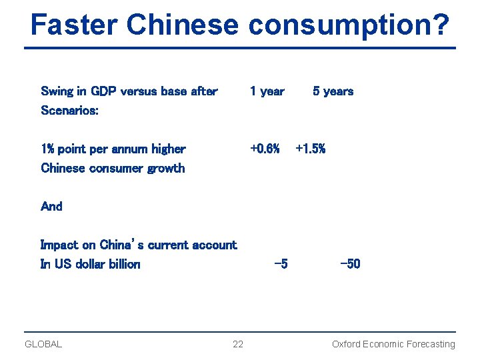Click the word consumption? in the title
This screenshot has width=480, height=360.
click(x=349, y=25)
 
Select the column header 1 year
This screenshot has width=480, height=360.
click(x=267, y=91)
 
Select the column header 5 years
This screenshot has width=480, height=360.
click(x=333, y=91)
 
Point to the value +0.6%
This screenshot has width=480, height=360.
click(x=265, y=149)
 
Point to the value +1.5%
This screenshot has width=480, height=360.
click(x=310, y=149)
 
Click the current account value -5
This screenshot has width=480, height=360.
click(x=281, y=264)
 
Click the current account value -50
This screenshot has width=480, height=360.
click(x=350, y=264)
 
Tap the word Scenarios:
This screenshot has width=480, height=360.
click(x=70, y=111)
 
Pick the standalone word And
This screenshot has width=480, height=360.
click(x=51, y=207)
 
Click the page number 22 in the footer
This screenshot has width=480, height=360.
click(x=238, y=344)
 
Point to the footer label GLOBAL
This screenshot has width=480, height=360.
click(x=43, y=344)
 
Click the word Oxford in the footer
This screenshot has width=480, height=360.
click(x=346, y=344)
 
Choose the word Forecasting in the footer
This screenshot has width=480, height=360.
click(x=431, y=344)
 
